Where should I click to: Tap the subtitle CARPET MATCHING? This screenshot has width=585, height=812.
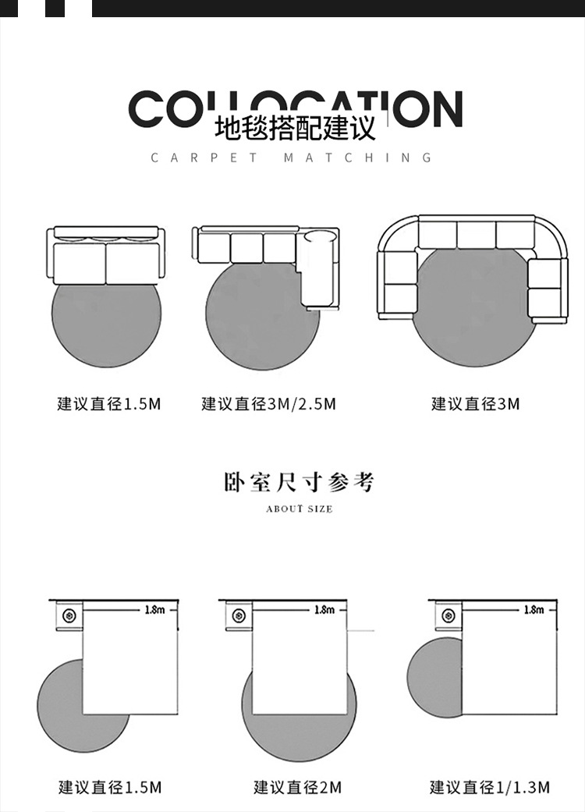[x=291, y=158]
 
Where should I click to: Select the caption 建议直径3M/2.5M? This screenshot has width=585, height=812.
[x=268, y=404]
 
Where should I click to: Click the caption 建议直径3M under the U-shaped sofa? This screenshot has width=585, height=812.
[x=475, y=404]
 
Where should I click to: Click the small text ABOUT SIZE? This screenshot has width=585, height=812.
[x=299, y=509]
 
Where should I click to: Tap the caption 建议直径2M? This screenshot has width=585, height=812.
[x=297, y=787]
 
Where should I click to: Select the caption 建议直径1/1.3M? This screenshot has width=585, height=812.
[x=489, y=787]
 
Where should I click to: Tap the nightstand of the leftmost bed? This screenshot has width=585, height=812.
[x=70, y=616]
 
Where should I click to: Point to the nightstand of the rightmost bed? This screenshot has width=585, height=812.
[x=448, y=615]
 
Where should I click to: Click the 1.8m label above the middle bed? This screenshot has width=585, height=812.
[x=324, y=609]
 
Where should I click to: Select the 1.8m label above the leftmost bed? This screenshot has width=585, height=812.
[x=155, y=609]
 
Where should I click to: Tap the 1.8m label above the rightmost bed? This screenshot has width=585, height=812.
[x=534, y=609]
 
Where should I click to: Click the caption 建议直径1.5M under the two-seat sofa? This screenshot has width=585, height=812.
[x=109, y=404]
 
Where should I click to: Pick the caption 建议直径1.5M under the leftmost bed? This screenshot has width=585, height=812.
[x=110, y=787]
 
